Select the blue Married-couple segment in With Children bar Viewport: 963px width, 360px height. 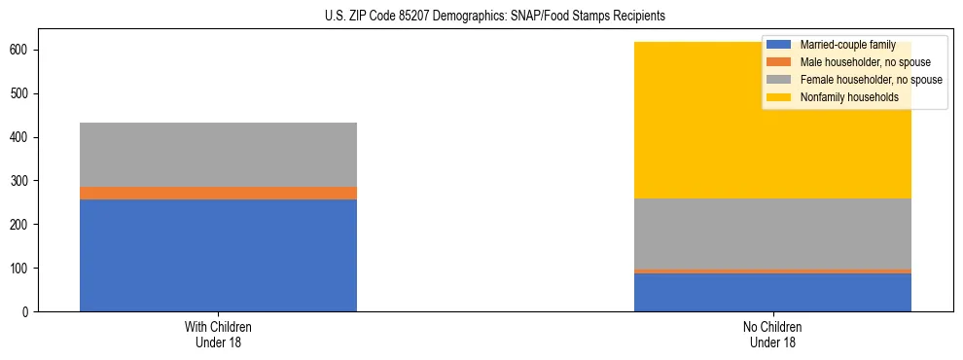click(x=218, y=255)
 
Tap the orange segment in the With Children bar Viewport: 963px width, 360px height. click(x=218, y=193)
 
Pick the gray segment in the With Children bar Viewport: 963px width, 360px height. click(x=218, y=155)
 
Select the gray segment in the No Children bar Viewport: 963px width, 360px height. click(x=772, y=234)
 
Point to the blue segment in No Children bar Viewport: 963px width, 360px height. click(x=772, y=292)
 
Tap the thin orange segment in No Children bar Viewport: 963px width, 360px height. click(x=772, y=271)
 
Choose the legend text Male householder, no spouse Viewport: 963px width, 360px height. click(x=859, y=62)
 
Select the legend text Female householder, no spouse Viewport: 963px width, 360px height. click(x=871, y=80)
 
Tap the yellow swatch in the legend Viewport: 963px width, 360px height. click(x=779, y=97)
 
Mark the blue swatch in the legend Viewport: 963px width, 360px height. click(x=779, y=45)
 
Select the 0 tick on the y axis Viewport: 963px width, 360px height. click(x=29, y=311)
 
